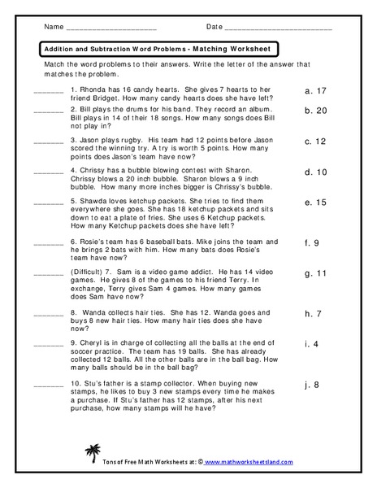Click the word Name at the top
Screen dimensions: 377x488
(x=54, y=27)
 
